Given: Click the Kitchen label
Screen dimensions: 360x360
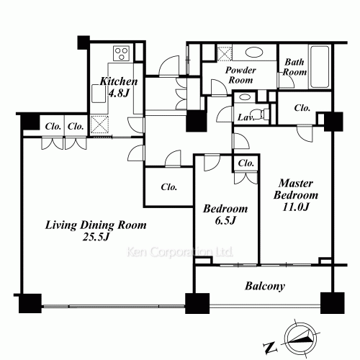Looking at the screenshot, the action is [x=119, y=81].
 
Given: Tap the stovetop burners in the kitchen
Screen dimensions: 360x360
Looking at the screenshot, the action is [x=122, y=53].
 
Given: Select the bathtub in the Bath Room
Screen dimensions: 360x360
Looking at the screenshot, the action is [x=320, y=67].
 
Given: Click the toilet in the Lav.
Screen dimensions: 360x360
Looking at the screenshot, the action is [x=260, y=114].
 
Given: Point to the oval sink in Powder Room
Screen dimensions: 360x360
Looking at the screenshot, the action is [x=254, y=53].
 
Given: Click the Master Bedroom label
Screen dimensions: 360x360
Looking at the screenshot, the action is [x=296, y=189].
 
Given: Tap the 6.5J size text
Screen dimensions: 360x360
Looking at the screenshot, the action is [x=225, y=221].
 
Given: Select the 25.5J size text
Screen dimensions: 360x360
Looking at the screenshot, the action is [x=96, y=237].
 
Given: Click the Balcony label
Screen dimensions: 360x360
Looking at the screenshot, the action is [x=265, y=286].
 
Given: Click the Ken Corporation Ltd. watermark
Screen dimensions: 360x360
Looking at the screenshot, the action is [x=179, y=252].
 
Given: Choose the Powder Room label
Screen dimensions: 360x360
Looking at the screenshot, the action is [x=240, y=75].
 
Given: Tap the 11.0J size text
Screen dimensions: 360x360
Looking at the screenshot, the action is [x=295, y=207].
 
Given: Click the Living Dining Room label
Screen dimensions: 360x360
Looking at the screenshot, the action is [x=96, y=225].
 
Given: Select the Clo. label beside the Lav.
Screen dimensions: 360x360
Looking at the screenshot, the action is [x=302, y=108].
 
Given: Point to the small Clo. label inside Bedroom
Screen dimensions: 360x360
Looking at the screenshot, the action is [x=246, y=163].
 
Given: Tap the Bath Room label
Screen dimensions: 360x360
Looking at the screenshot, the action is [x=294, y=67].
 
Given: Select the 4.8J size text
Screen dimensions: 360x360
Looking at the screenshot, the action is [x=119, y=93].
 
